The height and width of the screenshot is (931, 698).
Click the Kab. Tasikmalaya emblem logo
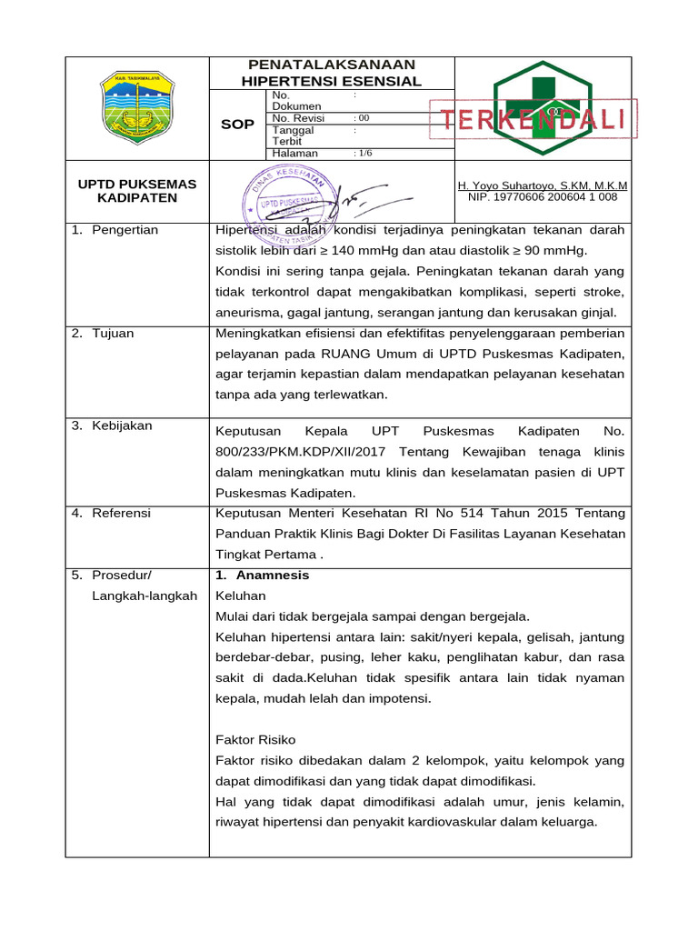pyautogui.click(x=137, y=107)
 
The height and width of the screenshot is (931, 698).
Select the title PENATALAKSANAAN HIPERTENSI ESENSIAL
pyautogui.click(x=331, y=73)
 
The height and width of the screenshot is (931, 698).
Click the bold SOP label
pyautogui.click(x=237, y=124)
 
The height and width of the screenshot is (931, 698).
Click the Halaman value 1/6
pyautogui.click(x=363, y=154)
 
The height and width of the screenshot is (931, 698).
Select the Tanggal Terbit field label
pyautogui.click(x=293, y=135)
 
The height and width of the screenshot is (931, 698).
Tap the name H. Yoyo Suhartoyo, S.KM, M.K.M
pyautogui.click(x=543, y=185)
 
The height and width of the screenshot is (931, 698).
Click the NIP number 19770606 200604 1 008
pyautogui.click(x=543, y=196)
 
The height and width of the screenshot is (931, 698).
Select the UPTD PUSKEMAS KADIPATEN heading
pyautogui.click(x=137, y=191)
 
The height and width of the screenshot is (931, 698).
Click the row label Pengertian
pyautogui.click(x=125, y=230)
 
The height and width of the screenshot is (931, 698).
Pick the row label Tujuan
pyautogui.click(x=113, y=334)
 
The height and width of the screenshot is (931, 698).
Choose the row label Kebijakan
pyautogui.click(x=122, y=426)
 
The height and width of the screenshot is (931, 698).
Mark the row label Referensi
pyautogui.click(x=122, y=514)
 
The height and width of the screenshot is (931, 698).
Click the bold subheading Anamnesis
pyautogui.click(x=272, y=576)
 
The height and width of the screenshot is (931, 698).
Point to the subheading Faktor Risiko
pyautogui.click(x=255, y=739)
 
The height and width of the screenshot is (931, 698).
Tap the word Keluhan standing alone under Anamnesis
pyautogui.click(x=241, y=596)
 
